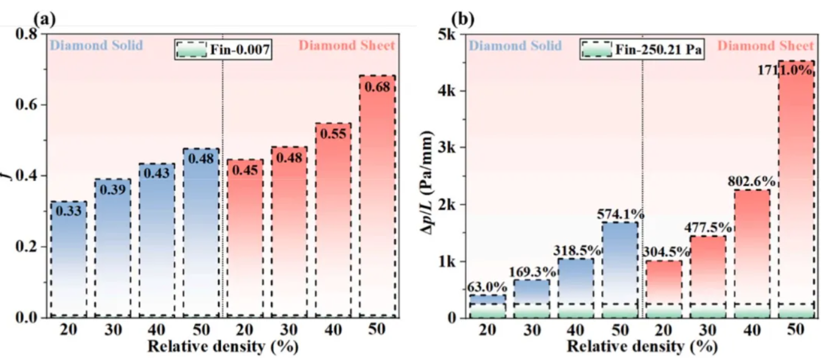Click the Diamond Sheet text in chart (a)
347,46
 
